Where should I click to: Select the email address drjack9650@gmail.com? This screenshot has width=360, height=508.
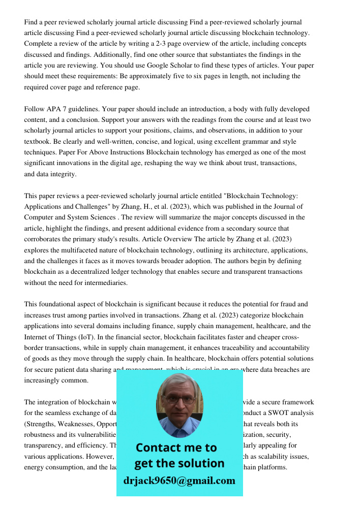click(x=179, y=481)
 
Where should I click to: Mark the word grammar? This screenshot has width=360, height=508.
click(x=223, y=142)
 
